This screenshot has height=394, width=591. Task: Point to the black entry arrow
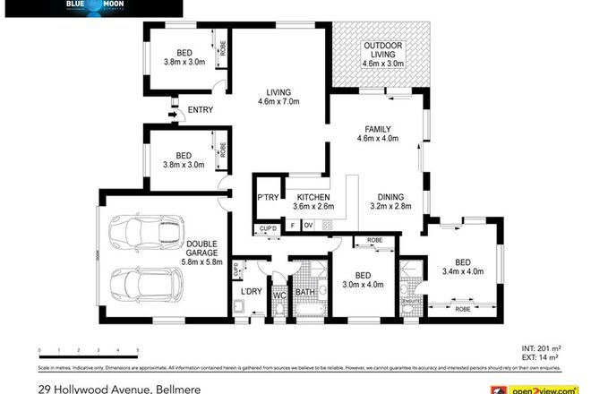(173, 112)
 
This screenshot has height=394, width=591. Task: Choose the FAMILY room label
(377, 133)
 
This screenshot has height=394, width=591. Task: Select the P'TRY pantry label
(267, 198)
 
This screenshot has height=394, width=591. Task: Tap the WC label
(278, 293)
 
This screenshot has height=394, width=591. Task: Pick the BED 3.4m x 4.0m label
(461, 266)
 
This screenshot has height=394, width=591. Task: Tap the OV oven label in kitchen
(307, 226)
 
